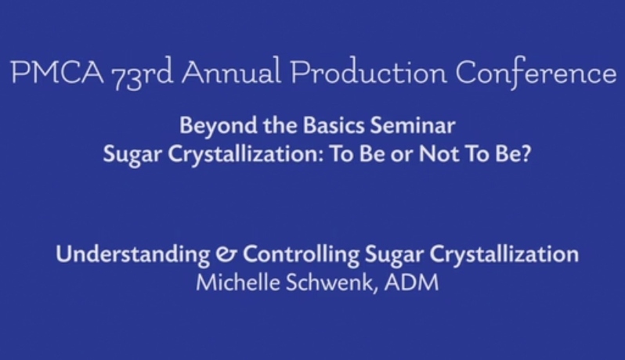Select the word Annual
tap(234, 74)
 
